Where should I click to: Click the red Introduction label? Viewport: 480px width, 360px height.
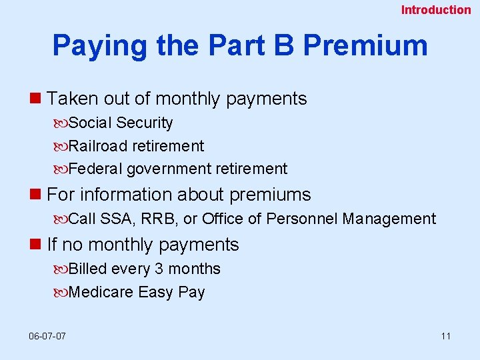point(435,10)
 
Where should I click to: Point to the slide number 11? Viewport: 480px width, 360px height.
point(445,335)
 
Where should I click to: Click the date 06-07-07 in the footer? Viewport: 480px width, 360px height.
point(47,335)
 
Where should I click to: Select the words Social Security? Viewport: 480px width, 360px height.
point(121,123)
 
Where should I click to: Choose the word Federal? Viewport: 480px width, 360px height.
point(95,169)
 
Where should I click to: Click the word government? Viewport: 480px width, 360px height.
point(169,169)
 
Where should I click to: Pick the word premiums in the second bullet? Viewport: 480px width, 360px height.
point(270,195)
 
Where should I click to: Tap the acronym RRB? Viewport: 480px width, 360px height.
point(158,219)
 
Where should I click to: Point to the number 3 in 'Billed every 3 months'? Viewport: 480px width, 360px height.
point(159,269)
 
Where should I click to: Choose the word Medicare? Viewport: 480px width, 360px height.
point(101,292)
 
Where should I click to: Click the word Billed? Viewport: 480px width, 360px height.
point(88,269)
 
